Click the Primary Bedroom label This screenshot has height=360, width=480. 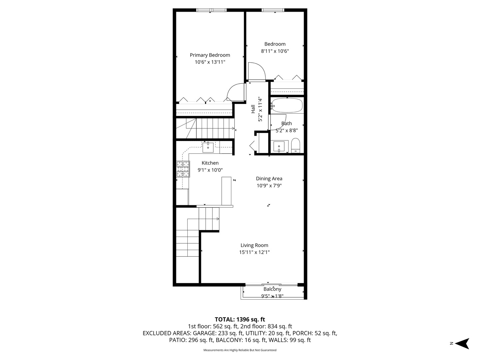pos(210,55)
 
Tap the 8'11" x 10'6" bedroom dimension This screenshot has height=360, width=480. pos(275,51)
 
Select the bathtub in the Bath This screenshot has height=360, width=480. pos(287,105)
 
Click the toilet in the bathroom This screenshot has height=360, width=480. pos(296,145)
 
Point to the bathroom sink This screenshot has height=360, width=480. pos(279,147)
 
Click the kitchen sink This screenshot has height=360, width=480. pos(208,147)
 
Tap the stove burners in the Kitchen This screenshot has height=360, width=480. pos(183,169)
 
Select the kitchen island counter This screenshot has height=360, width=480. pos(226,191)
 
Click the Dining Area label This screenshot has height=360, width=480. pos(269,179)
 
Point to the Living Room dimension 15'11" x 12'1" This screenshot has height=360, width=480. pos(254,252)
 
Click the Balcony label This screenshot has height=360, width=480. pos(272,289)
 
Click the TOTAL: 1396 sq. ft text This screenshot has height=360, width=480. pos(240,319)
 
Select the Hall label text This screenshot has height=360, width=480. pos(253,109)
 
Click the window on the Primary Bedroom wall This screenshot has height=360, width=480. pos(211,10)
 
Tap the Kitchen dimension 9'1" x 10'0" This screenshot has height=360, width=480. pos(210,170)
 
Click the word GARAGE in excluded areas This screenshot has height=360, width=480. pos(204,333)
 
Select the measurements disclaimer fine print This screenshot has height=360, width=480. pos(240,350)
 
